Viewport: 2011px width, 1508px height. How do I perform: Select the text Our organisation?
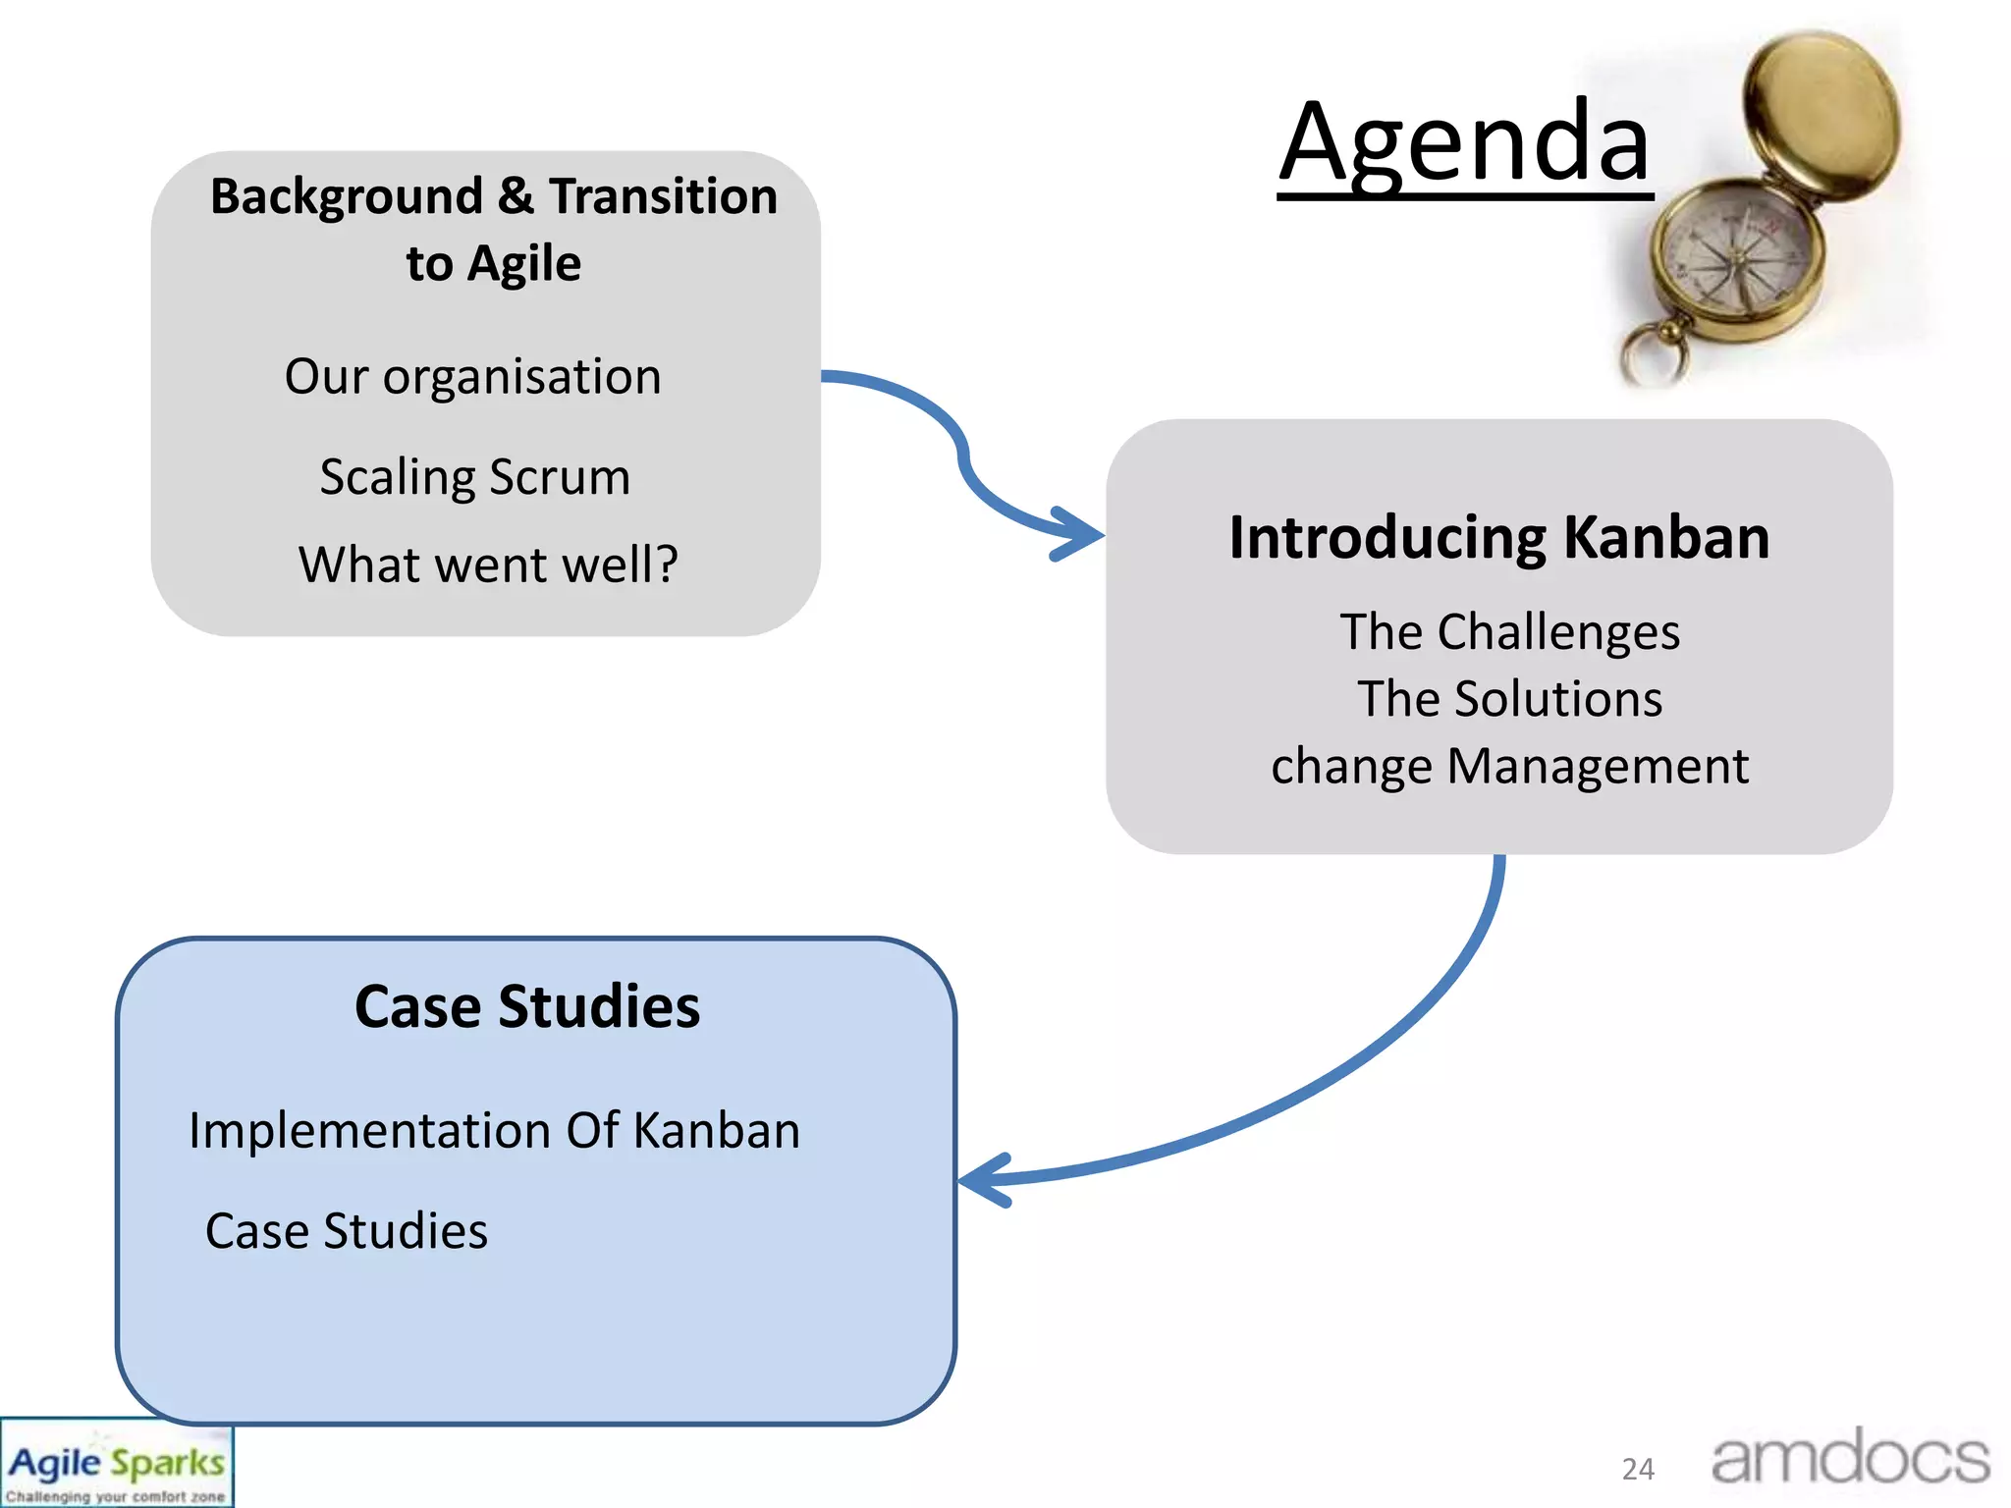click(x=472, y=377)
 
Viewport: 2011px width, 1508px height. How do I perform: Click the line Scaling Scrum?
click(x=474, y=477)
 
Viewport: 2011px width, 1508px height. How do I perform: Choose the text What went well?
click(x=488, y=565)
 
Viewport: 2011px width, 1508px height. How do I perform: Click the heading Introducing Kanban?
click(x=1498, y=538)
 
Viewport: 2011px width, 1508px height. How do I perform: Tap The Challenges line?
click(x=1509, y=631)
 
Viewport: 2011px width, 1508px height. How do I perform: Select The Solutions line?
click(x=1509, y=699)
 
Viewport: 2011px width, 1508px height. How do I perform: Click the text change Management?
click(x=1509, y=766)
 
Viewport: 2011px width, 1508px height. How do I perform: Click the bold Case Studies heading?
click(x=527, y=1007)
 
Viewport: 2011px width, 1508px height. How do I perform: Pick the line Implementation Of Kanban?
click(x=494, y=1131)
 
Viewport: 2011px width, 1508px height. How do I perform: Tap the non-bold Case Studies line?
click(x=346, y=1231)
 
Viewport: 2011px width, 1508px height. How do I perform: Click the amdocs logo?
click(x=1850, y=1459)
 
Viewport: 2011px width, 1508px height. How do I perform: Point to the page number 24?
click(x=1638, y=1470)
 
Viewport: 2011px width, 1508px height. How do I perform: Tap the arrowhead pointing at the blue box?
click(x=982, y=1179)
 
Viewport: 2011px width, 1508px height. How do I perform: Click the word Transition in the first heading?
click(x=663, y=196)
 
